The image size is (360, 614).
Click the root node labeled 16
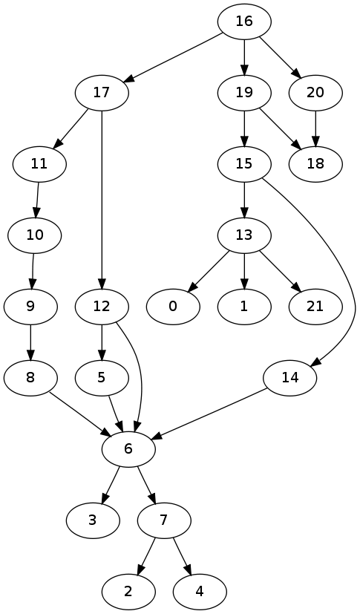point(244,22)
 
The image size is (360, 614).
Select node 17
point(102,93)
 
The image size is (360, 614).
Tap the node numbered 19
point(244,93)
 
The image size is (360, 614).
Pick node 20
point(315,93)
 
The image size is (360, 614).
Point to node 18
point(315,164)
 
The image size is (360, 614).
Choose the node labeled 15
point(244,164)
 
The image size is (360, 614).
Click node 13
point(244,235)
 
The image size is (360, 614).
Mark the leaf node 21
point(315,307)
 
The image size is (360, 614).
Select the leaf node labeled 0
point(173,307)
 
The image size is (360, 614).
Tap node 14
point(289,378)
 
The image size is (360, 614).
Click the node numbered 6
point(128,449)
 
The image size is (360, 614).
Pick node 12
point(102,307)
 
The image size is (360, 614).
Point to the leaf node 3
point(93,520)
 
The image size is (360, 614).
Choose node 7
point(164,520)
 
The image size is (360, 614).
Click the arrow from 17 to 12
point(102,200)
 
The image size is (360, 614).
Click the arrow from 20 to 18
point(315,128)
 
